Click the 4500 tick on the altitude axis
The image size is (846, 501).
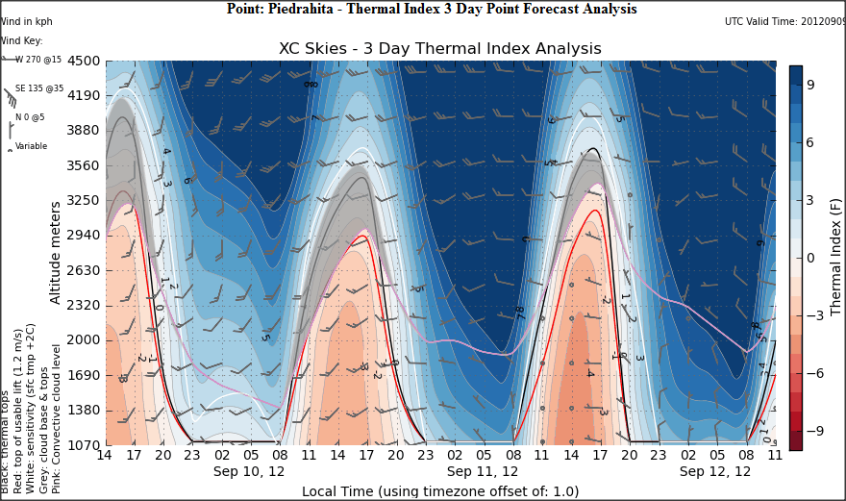pyautogui.click(x=82, y=61)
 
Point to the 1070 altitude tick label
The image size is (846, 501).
pyautogui.click(x=82, y=444)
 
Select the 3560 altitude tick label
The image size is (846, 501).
pyautogui.click(x=82, y=165)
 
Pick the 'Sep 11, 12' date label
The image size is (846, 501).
pyautogui.click(x=483, y=472)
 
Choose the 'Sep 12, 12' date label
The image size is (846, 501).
pyautogui.click(x=715, y=472)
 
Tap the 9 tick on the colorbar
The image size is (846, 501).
pyautogui.click(x=810, y=85)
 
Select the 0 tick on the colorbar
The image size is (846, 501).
pyautogui.click(x=810, y=258)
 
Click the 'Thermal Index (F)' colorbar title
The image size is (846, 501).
pyautogui.click(x=835, y=258)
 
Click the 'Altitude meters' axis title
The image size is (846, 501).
pyautogui.click(x=56, y=252)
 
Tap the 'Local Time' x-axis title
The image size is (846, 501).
pyautogui.click(x=440, y=491)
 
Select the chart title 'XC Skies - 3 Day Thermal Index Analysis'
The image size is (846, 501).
pyautogui.click(x=439, y=48)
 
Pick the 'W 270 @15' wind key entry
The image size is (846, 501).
pyautogui.click(x=38, y=60)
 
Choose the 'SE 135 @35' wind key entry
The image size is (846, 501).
pyautogui.click(x=38, y=88)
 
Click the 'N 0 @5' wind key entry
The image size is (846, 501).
pyautogui.click(x=32, y=117)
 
